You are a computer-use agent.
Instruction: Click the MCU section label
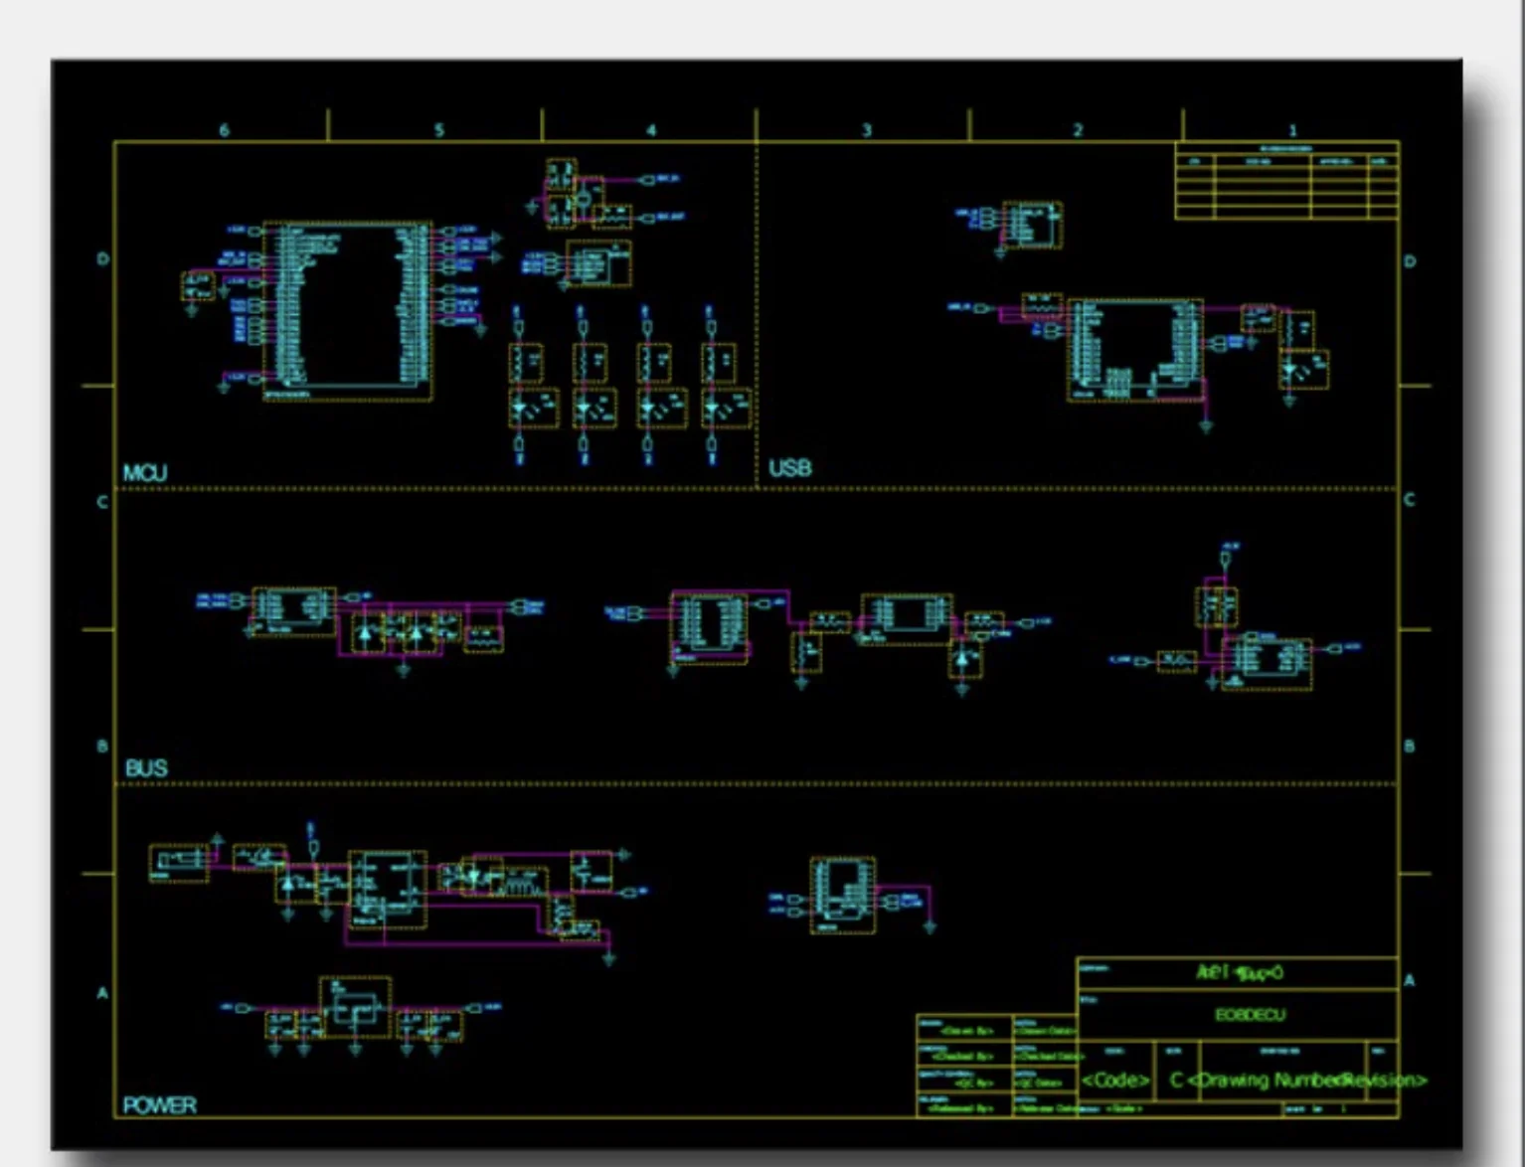coord(145,473)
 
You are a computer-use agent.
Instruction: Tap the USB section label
coord(789,468)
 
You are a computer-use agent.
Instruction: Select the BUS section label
coord(146,768)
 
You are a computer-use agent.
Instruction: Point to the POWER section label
coord(159,1105)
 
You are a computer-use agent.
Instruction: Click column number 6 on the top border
coord(224,130)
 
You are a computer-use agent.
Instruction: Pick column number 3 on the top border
coord(866,130)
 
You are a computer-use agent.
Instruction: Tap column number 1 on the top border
coord(1292,130)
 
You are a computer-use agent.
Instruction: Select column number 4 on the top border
coord(651,130)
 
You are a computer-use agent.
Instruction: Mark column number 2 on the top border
coord(1078,130)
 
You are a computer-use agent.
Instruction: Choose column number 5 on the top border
coord(438,130)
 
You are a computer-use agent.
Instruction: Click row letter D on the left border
coord(102,259)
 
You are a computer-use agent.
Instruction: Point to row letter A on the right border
coord(1409,981)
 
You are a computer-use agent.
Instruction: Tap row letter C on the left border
coord(102,502)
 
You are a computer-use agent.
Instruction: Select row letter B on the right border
coord(1409,747)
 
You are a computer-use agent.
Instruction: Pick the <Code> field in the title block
coord(1115,1081)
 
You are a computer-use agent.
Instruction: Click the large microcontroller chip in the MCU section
coord(347,310)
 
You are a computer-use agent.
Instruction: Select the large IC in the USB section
coord(1134,349)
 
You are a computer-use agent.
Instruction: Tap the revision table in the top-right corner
coord(1286,181)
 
